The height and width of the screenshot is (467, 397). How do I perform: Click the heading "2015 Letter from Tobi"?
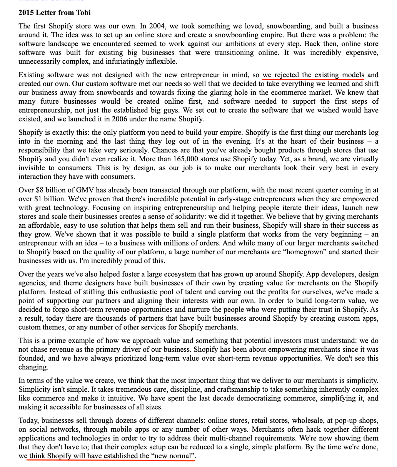point(55,13)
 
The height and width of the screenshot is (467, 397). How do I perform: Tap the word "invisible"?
point(33,168)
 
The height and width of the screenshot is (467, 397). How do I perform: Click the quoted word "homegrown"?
point(317,252)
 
